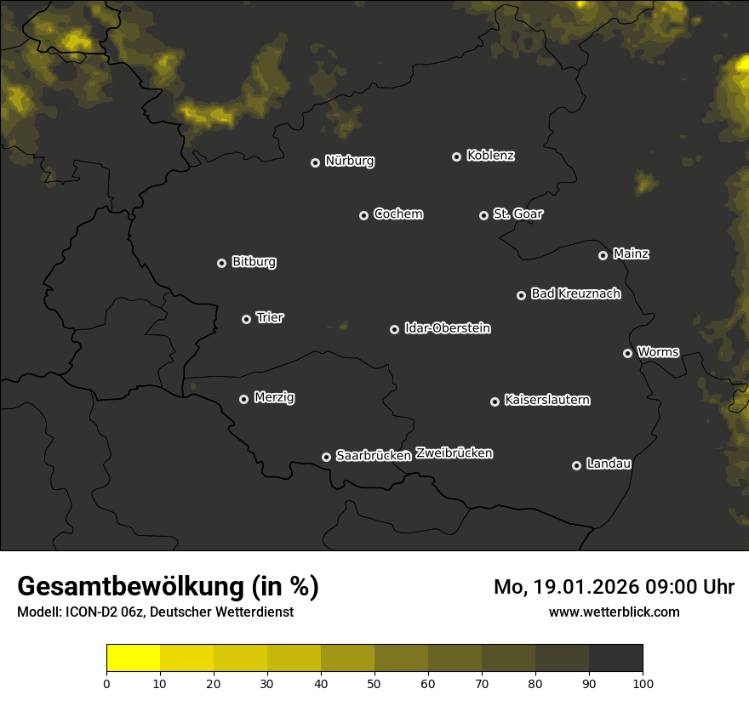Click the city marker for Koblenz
(456, 157)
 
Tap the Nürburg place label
(349, 161)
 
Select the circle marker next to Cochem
(363, 215)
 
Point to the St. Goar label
(517, 214)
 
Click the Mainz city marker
(603, 255)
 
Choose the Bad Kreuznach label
(575, 293)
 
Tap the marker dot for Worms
(627, 353)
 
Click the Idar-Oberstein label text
(447, 327)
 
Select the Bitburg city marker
(221, 263)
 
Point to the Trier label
(270, 317)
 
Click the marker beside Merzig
(243, 399)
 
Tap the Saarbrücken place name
(374, 455)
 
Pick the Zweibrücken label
(454, 453)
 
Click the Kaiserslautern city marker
(495, 401)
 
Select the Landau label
(609, 464)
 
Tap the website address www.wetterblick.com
(614, 612)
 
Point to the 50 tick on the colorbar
(374, 682)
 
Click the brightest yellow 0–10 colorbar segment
(134, 658)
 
